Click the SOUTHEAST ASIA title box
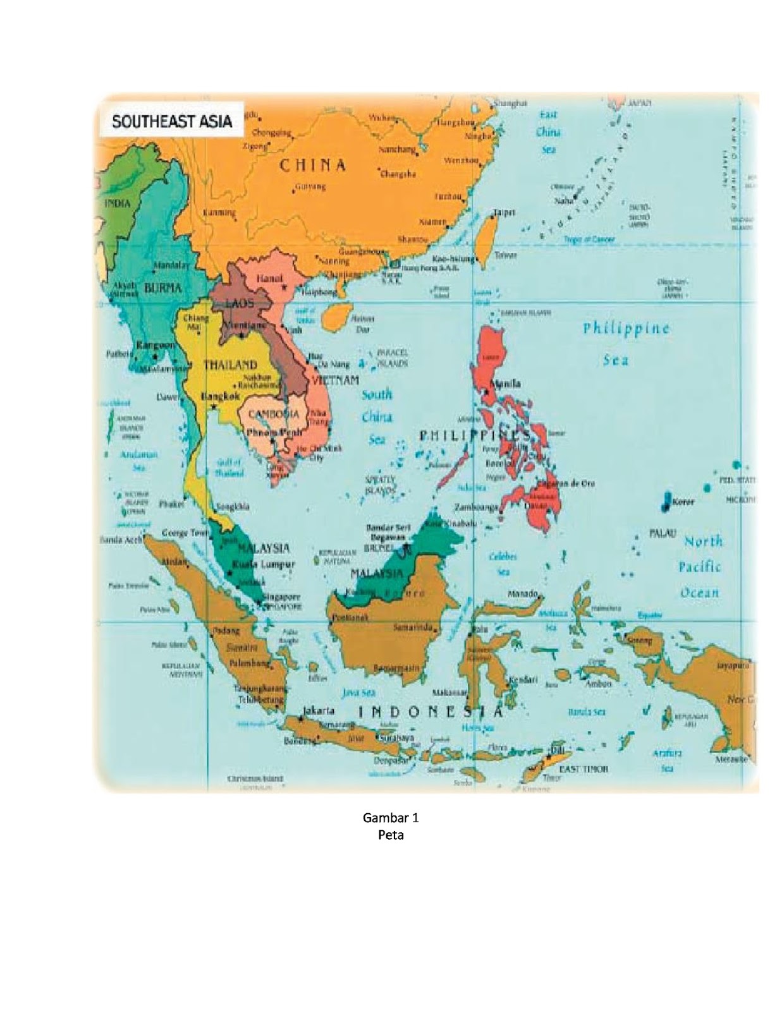[171, 121]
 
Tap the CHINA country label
[313, 166]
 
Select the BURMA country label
[163, 288]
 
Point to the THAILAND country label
[229, 365]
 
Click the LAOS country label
[240, 304]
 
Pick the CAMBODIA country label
[274, 414]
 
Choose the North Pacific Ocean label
[700, 567]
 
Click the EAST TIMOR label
[583, 768]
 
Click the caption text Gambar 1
[390, 818]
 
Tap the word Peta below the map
[390, 835]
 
